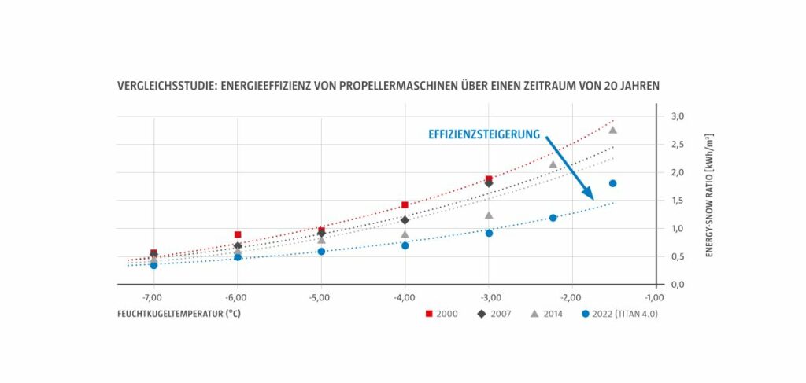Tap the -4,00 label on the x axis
[405, 297]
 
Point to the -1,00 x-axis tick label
[655, 297]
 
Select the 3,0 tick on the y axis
[677, 116]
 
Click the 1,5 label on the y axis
[677, 201]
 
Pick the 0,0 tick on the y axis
[677, 285]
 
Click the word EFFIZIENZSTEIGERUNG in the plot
[484, 134]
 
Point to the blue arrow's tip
[593, 200]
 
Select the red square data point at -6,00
[238, 234]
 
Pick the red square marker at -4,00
[405, 204]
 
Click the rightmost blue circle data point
[612, 183]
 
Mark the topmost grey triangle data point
[612, 130]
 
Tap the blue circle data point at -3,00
[489, 233]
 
